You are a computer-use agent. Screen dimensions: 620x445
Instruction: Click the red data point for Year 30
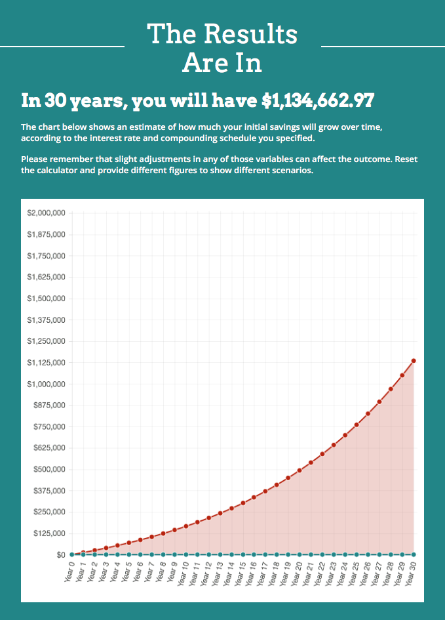coord(414,361)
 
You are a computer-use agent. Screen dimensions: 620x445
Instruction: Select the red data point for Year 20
coord(300,470)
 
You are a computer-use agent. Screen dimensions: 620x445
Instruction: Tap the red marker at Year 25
coord(357,424)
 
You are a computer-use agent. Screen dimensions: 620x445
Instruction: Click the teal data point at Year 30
coord(414,554)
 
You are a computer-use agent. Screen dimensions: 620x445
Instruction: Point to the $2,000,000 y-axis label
coord(46,213)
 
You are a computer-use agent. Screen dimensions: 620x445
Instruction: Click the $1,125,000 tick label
coord(46,363)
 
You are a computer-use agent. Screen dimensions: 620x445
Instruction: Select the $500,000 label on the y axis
coord(48,470)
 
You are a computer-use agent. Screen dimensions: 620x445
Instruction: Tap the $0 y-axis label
coord(59,555)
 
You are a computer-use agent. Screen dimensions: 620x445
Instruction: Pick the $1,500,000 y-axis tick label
coord(46,299)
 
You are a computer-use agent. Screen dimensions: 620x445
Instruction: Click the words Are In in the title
coord(222,63)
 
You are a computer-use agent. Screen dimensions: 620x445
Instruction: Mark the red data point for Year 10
coord(185,526)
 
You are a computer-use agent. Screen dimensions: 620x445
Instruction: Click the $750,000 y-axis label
coord(48,427)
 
